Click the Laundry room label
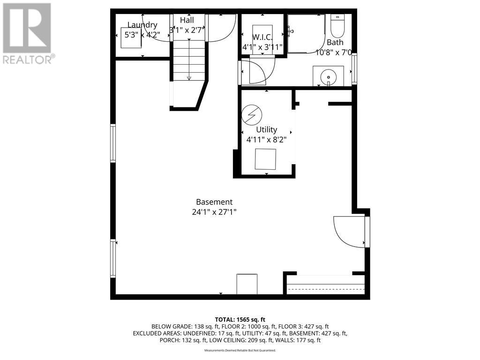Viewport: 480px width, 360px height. pos(142,25)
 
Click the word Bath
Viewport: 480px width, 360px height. pos(335,42)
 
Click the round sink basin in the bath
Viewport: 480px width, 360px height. pos(329,75)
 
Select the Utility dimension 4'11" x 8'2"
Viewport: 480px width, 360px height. pos(266,139)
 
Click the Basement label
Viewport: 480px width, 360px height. pos(214,202)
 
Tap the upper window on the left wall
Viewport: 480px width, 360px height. pos(113,143)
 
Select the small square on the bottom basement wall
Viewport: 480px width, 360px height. pos(247,284)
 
